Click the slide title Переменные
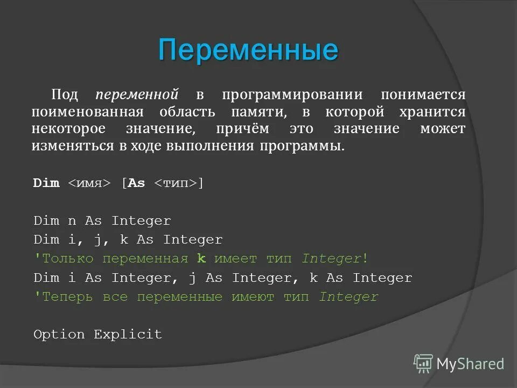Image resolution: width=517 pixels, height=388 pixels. coord(248,50)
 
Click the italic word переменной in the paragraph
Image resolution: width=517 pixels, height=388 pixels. coord(137,95)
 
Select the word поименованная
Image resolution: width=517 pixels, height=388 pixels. coord(87,112)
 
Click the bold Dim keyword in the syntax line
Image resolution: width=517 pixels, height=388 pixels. coord(46,183)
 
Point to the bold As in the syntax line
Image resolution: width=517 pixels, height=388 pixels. coord(137,183)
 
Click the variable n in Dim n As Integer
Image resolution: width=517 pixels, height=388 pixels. coord(72,221)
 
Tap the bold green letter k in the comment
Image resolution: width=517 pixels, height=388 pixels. coord(201,259)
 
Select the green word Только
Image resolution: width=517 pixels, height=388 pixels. coord(67,259)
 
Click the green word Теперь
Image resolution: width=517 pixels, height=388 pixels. coord(67,297)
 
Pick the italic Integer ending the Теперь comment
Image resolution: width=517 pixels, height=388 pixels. coord(348,297)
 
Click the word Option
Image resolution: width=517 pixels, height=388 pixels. coord(59,335)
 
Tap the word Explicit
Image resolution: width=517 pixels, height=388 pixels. coord(128,335)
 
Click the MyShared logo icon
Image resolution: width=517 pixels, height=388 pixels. coord(423,364)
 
